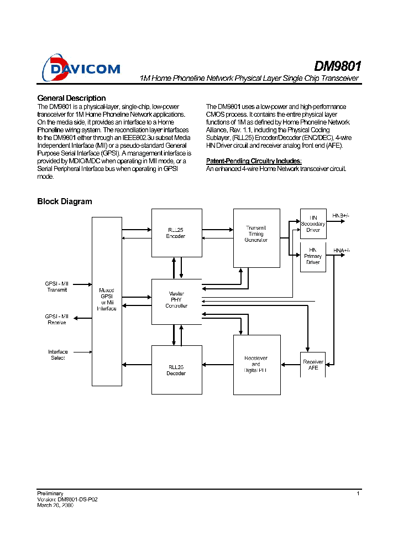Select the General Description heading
[71, 98]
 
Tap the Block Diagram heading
[64, 201]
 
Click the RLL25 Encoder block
[176, 233]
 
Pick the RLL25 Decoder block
[176, 370]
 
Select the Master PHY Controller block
[176, 301]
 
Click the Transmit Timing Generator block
[256, 237]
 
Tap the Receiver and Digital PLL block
[256, 364]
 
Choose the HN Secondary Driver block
[313, 224]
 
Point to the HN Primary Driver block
[313, 257]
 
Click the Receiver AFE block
[313, 365]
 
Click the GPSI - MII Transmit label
[57, 287]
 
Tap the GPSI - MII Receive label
[57, 319]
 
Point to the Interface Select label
[57, 355]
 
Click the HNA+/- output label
[341, 251]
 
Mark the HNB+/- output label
[341, 215]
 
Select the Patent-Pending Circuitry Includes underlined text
[254, 161]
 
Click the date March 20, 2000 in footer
[55, 505]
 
